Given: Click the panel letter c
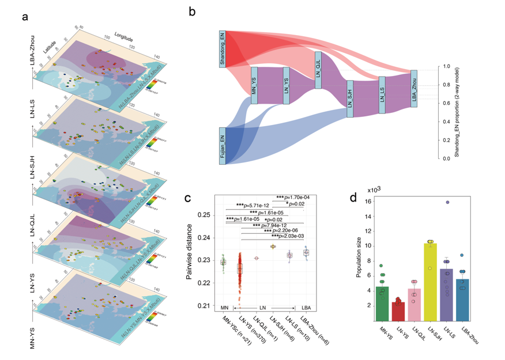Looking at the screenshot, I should point(187,198).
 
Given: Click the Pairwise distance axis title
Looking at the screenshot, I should point(190,252).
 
